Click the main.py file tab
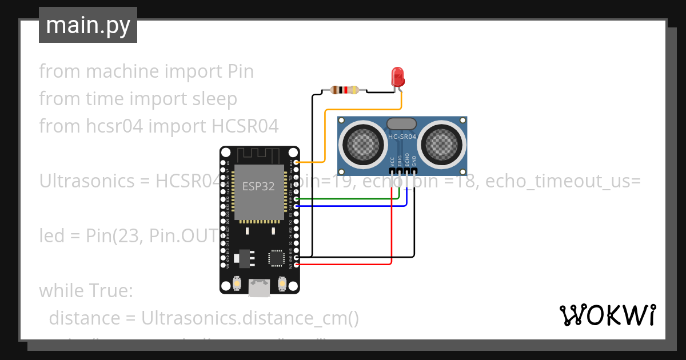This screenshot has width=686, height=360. coord(87,25)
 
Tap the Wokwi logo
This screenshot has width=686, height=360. coord(607,315)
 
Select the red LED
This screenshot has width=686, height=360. coord(397,77)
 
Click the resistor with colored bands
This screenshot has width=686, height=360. coord(345,90)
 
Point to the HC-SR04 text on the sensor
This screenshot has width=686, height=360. coord(401,137)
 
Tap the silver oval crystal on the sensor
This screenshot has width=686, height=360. coord(401,123)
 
